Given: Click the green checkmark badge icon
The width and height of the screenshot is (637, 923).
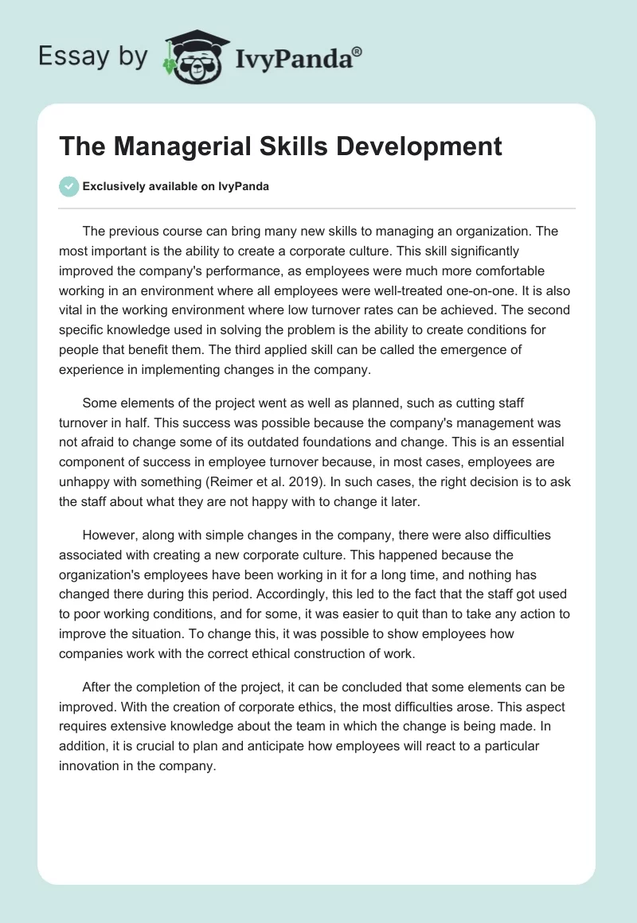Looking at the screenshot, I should pyautogui.click(x=68, y=187).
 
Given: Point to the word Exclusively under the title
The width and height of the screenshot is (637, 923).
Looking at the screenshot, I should pyautogui.click(x=114, y=187).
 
